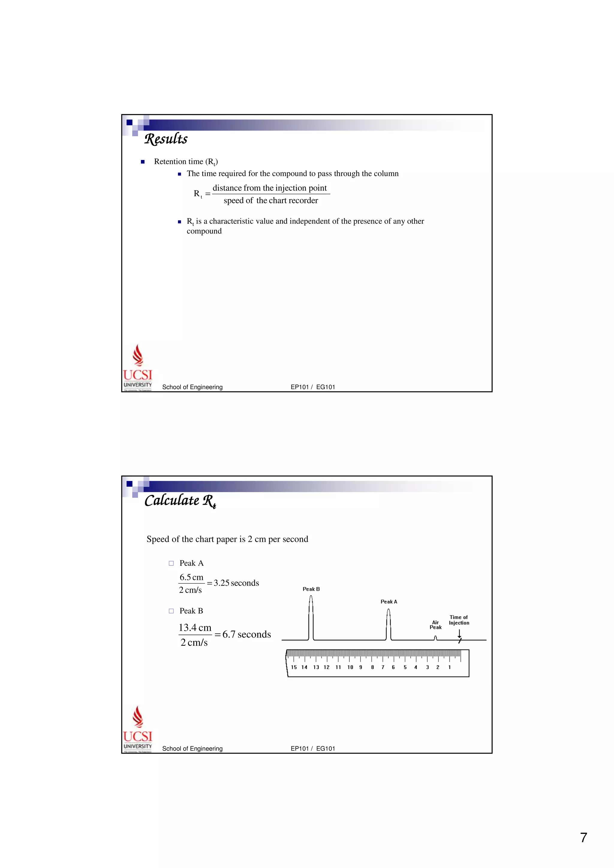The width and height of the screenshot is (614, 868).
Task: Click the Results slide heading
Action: point(166,139)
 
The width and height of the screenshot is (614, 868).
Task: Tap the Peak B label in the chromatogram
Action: point(311,589)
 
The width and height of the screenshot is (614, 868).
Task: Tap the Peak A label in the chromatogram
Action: point(389,601)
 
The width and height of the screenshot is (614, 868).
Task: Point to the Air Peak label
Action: point(435,624)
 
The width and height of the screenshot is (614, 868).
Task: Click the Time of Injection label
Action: point(459,620)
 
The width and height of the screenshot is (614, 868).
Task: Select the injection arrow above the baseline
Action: point(459,633)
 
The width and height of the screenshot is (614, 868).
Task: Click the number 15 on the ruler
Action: point(294,667)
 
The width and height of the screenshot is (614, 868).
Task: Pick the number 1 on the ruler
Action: point(449,667)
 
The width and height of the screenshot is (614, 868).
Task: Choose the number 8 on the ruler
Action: point(372,667)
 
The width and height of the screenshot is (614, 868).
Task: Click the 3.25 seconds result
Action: point(236,583)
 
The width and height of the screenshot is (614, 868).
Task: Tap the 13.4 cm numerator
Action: point(195,627)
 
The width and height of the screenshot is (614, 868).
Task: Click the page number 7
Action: point(583,837)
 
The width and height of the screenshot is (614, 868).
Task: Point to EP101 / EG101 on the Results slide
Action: point(312,387)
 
